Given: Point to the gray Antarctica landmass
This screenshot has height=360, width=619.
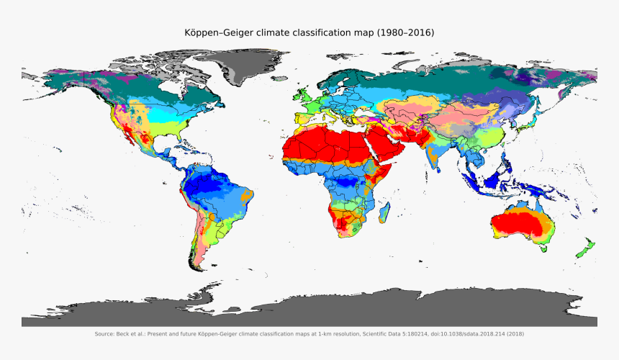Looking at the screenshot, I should point(309,310).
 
